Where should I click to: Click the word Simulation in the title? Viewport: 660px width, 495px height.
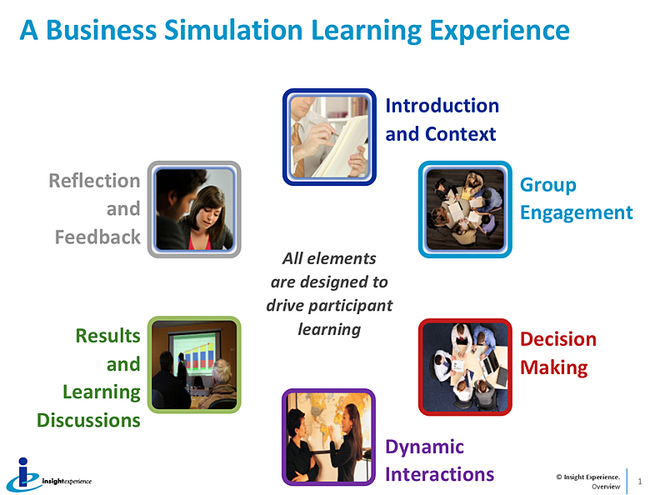(233, 30)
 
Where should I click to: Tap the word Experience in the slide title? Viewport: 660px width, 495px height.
(499, 31)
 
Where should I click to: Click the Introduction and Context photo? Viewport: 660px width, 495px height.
(329, 137)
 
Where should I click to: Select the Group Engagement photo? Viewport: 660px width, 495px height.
(465, 209)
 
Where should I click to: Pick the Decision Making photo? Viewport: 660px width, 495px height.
(465, 367)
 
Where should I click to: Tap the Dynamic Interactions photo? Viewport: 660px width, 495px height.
(328, 437)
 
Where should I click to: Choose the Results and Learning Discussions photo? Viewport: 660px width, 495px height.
(194, 364)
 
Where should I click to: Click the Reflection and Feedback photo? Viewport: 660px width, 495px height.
(194, 209)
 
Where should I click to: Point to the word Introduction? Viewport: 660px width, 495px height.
(442, 105)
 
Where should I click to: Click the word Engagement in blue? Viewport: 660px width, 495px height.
(576, 213)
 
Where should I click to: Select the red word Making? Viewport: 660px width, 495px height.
(554, 367)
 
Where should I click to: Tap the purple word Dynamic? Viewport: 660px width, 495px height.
(424, 447)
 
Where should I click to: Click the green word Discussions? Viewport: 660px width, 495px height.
(88, 420)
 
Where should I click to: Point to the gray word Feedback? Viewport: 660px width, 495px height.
(97, 237)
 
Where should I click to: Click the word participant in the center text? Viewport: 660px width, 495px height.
(350, 306)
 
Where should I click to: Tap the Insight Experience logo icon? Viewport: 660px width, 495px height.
(23, 475)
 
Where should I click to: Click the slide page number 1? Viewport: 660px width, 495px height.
(640, 482)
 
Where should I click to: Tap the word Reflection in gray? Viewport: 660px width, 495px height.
(94, 181)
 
